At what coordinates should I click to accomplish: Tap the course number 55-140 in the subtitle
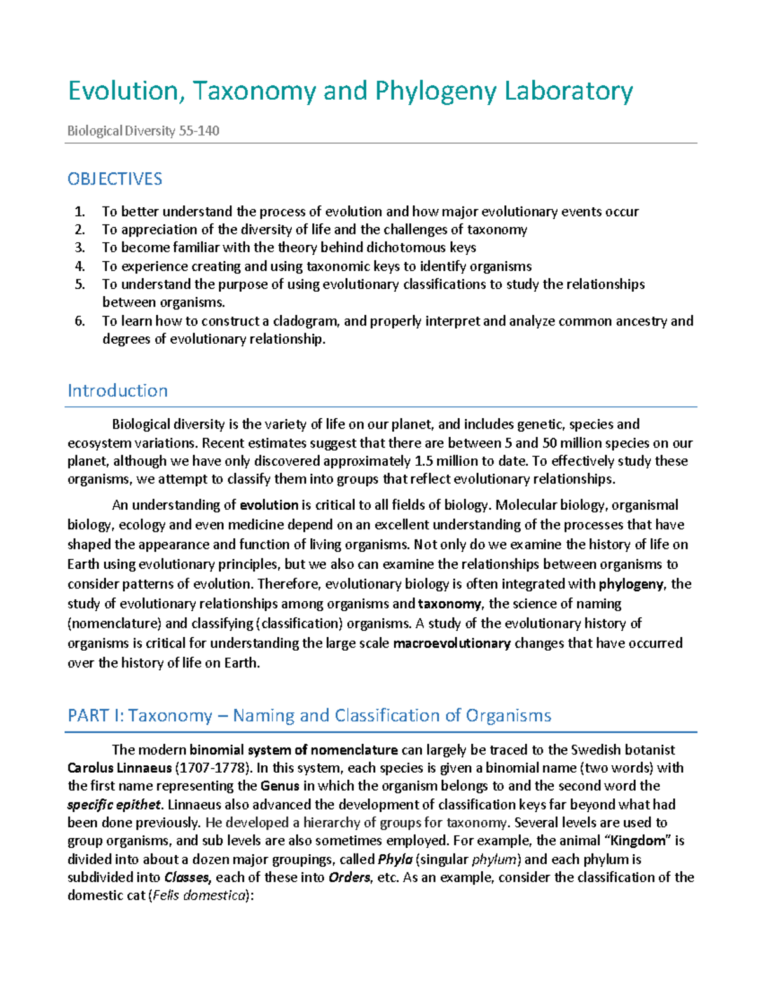[x=199, y=131]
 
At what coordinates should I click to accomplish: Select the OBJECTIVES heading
[x=115, y=179]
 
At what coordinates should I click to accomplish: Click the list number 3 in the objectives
[x=79, y=248]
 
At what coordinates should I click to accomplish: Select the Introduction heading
[x=118, y=391]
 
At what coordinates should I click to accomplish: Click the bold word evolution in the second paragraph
[x=269, y=505]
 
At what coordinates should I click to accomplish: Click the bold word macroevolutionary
[x=451, y=643]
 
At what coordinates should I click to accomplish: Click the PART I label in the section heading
[x=95, y=716]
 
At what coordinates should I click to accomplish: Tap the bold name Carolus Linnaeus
[x=119, y=768]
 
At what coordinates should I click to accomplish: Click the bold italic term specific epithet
[x=114, y=805]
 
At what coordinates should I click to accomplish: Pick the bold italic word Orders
[x=349, y=878]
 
